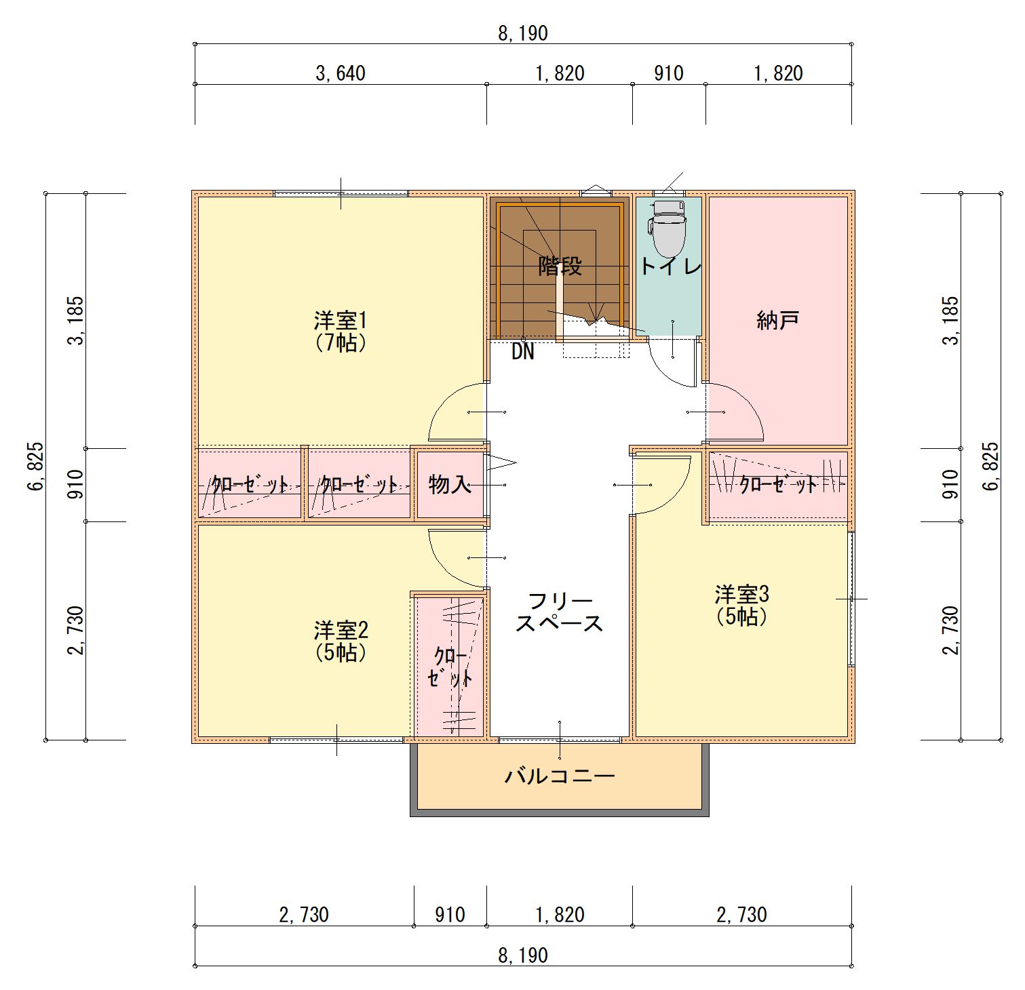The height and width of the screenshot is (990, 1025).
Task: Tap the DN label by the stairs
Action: [523, 351]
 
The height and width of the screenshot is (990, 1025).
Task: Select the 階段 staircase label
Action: [560, 266]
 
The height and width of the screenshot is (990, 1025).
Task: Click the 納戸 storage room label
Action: [778, 320]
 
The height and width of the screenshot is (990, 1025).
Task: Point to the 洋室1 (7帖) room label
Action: [341, 331]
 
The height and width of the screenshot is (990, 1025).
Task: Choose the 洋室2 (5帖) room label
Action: [341, 641]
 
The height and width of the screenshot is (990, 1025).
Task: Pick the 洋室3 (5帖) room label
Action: [741, 605]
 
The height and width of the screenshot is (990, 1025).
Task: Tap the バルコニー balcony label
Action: [560, 776]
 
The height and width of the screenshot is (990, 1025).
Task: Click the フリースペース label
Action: [560, 612]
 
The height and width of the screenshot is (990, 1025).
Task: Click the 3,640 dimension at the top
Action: [341, 73]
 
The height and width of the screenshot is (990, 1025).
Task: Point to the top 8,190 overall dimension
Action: [523, 33]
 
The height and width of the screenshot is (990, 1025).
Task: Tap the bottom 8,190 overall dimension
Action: [523, 955]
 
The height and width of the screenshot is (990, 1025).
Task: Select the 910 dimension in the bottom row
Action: [450, 915]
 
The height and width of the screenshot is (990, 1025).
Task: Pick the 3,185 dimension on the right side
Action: [951, 321]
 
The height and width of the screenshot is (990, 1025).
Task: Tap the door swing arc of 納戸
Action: [747, 400]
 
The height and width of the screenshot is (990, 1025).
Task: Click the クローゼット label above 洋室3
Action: [778, 484]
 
